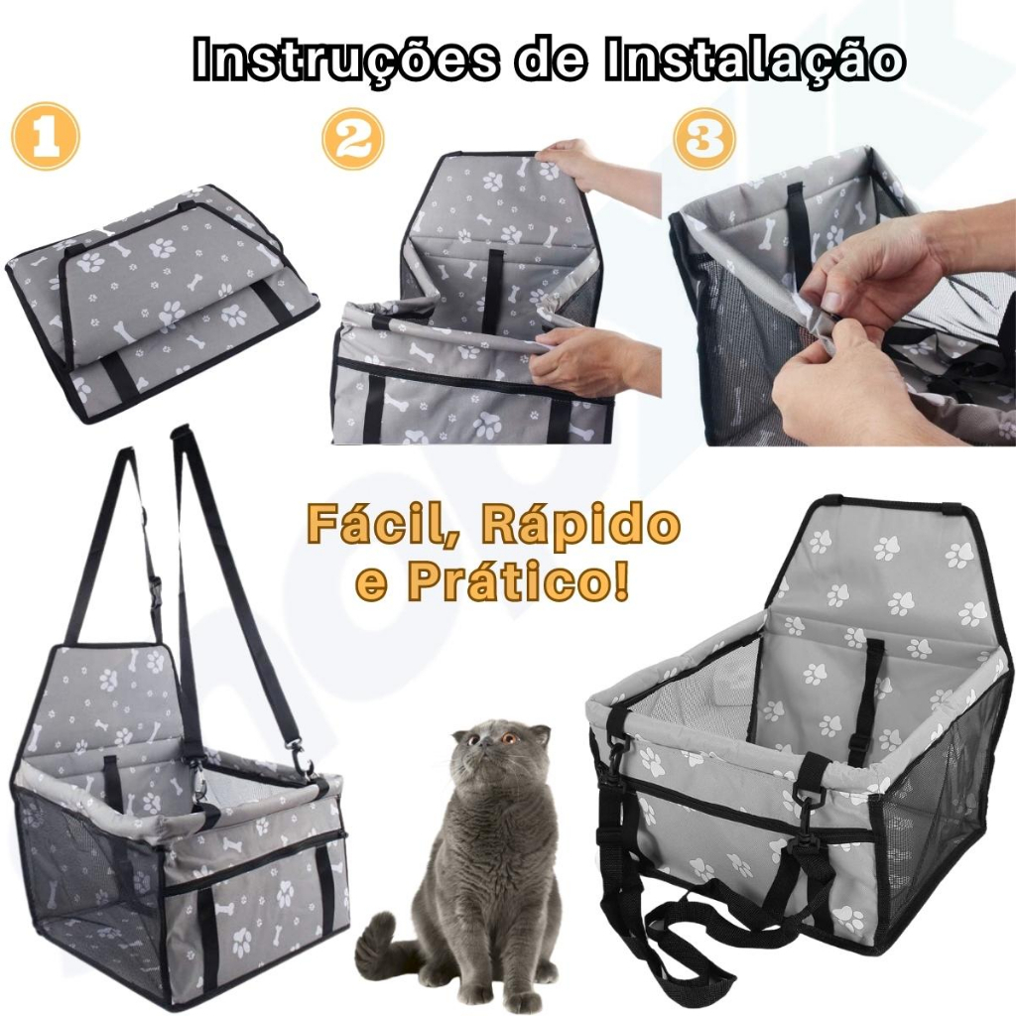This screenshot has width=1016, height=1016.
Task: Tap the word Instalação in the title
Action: (x=754, y=59)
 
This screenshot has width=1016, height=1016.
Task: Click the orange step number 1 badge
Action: (x=46, y=136)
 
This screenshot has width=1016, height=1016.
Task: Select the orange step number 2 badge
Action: (x=353, y=139)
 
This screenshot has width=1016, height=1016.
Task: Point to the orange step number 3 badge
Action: (x=705, y=139)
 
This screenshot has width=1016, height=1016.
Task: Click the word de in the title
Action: (x=551, y=60)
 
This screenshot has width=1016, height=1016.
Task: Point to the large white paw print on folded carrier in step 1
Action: (x=163, y=247)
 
